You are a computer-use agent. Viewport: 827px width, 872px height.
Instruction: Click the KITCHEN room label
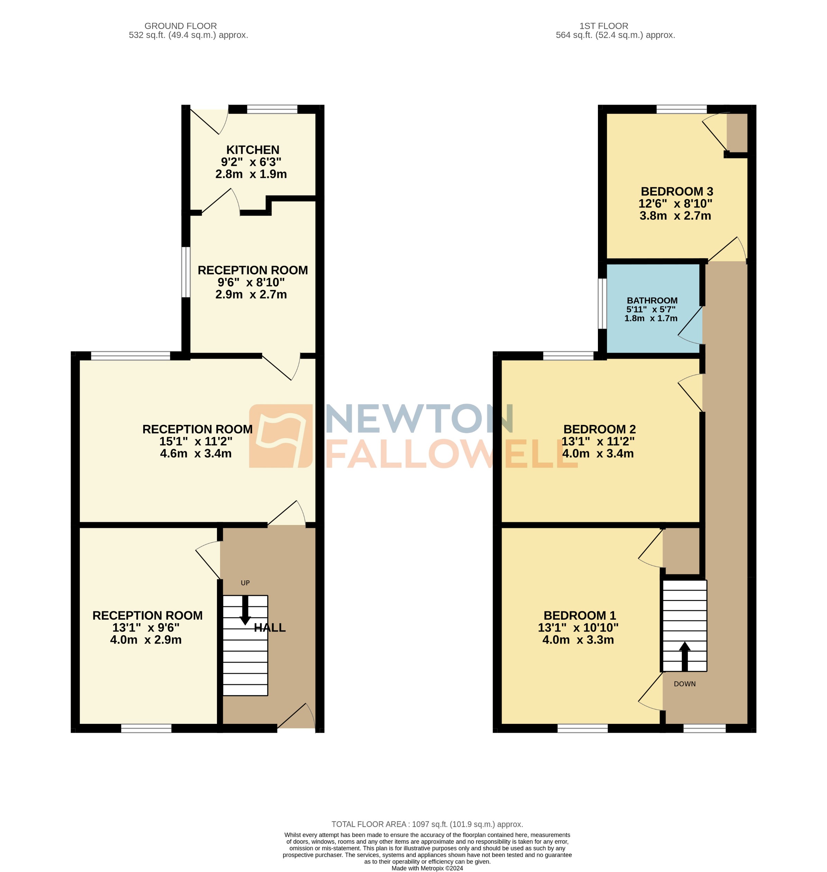[x=253, y=150]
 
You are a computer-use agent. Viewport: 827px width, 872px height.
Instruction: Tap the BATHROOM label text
[x=652, y=301]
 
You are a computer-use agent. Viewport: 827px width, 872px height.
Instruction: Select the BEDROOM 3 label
[x=677, y=191]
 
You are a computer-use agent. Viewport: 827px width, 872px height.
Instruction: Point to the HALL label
[x=270, y=628]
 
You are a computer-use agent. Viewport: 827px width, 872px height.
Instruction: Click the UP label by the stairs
[x=245, y=583]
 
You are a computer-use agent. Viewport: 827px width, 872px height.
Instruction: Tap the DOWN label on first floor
[x=685, y=684]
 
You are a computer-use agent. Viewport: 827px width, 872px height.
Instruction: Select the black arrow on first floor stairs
[x=685, y=656]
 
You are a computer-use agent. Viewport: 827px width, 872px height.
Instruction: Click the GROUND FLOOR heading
[x=180, y=26]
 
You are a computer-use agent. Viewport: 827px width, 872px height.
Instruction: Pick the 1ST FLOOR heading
[x=603, y=26]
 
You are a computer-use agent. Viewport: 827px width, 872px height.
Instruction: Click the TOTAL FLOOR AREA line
[x=427, y=824]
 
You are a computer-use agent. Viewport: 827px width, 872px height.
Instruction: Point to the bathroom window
[x=602, y=303]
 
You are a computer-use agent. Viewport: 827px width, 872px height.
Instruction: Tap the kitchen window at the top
[x=272, y=109]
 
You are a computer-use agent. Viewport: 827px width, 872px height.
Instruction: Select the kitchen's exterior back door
[x=207, y=120]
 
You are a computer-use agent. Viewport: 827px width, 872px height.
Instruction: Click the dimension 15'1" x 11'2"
[x=196, y=441]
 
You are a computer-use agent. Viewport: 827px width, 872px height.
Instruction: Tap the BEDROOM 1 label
[x=579, y=616]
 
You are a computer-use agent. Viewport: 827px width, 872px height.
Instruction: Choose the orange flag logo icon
[x=281, y=436]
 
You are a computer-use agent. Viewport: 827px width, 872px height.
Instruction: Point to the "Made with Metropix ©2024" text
[x=427, y=868]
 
